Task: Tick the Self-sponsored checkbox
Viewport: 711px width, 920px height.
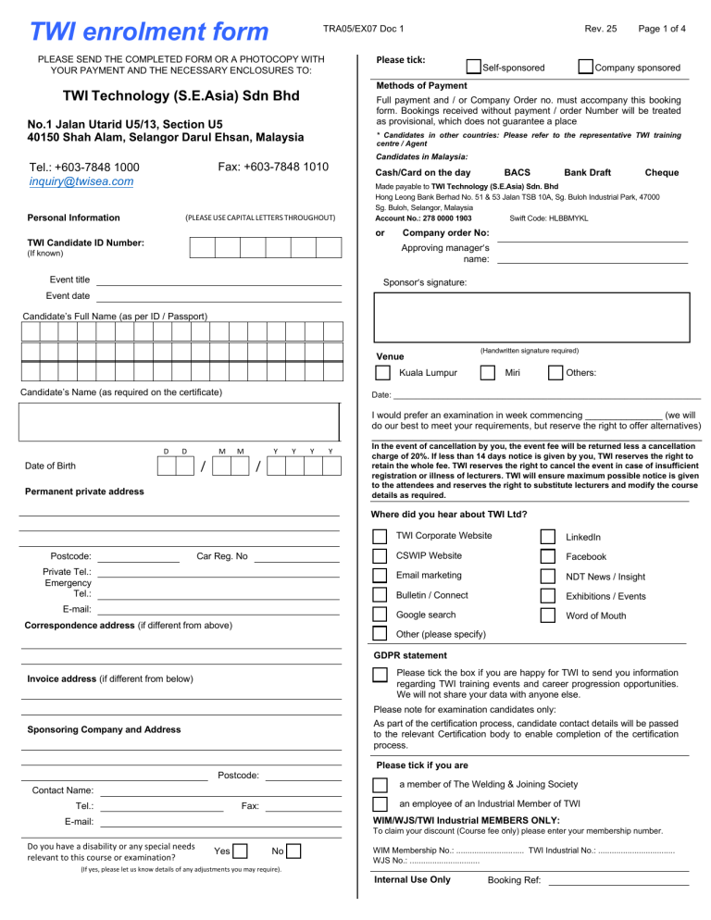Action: click(x=474, y=67)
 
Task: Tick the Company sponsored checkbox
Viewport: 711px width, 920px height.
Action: click(x=585, y=67)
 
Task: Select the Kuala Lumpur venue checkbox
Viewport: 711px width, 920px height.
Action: click(x=381, y=372)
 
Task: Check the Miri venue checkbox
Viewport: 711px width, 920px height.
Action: click(x=488, y=372)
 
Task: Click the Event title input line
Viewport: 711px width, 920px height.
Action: click(x=219, y=280)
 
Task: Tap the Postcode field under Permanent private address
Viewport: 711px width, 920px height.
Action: click(x=138, y=557)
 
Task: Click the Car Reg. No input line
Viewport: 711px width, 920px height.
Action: click(x=296, y=557)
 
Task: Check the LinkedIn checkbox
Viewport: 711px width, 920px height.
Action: click(x=548, y=537)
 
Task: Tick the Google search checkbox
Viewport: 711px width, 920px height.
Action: click(x=380, y=615)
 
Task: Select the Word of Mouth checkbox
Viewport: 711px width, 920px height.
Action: click(x=548, y=615)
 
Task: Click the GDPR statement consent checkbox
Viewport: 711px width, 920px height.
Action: click(x=380, y=675)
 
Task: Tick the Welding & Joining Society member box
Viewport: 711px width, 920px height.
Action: click(x=380, y=785)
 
